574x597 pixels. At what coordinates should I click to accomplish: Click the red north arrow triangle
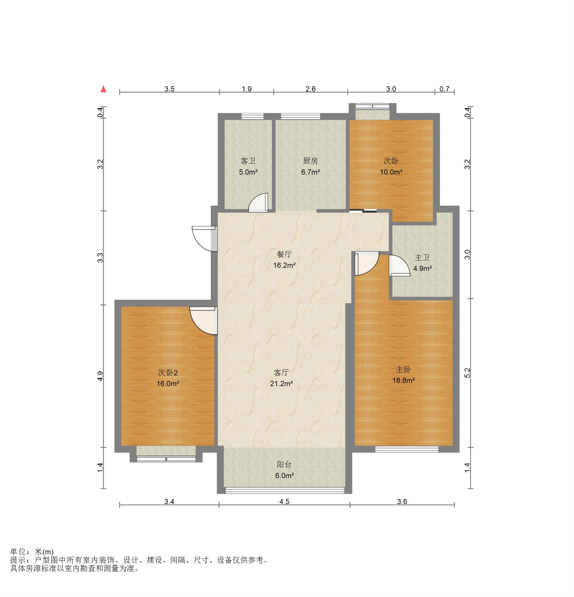104,89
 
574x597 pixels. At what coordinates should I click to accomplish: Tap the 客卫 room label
248,161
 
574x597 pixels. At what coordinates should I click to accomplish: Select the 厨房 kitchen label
311,161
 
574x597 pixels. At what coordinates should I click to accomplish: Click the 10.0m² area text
391,172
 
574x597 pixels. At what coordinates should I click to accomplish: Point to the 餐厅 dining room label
284,254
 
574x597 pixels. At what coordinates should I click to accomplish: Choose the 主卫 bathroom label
422,257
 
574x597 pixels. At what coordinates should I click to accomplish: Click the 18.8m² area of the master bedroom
403,380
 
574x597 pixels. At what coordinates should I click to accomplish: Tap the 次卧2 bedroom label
168,373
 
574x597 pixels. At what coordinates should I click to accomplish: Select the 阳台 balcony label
284,465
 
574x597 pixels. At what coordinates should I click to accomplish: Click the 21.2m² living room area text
281,384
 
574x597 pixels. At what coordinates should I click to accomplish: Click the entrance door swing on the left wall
204,239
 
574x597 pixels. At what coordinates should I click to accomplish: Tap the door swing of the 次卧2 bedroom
203,321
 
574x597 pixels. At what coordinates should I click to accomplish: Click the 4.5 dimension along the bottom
284,502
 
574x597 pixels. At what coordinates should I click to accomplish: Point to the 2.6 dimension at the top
311,89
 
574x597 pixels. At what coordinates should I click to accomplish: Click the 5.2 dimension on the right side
467,373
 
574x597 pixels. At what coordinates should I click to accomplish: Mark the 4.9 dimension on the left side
100,376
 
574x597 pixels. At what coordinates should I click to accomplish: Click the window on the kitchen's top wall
300,116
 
